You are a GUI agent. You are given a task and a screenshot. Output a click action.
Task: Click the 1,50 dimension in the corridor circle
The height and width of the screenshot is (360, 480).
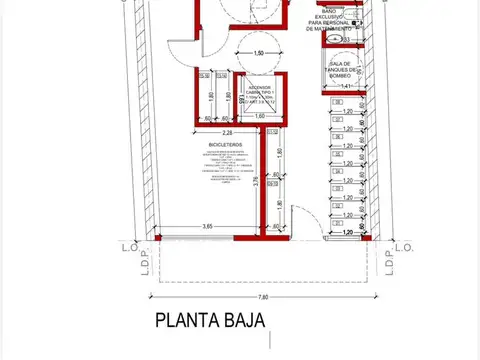(x=260, y=53)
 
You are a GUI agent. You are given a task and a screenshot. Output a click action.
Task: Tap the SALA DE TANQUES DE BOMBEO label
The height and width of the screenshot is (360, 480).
(x=349, y=73)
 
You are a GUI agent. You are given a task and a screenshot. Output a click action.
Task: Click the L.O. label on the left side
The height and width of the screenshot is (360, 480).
(x=129, y=246)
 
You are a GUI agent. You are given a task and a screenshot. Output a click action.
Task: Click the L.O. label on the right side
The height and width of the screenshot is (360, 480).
(x=403, y=246)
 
